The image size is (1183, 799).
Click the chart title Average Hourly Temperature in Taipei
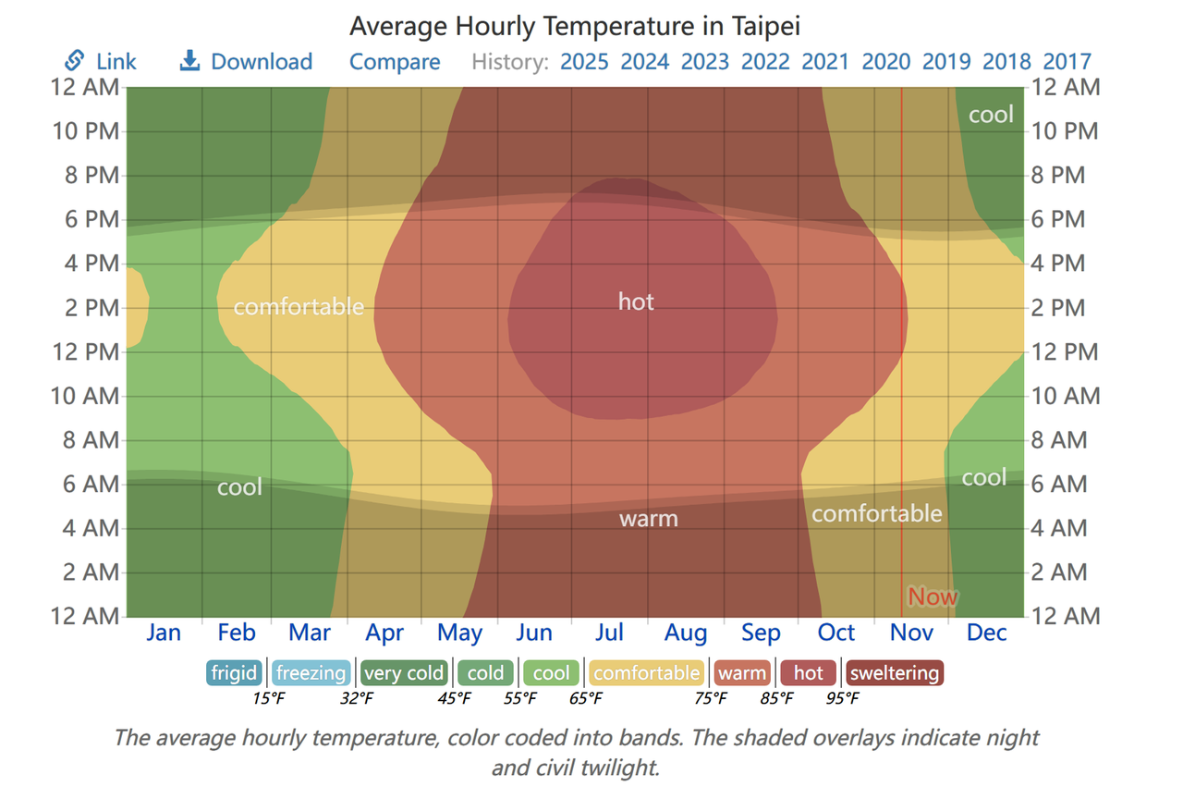pos(574,25)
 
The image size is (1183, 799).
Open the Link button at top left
pos(101,62)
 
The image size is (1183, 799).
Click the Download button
pos(246,62)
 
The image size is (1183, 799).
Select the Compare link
pos(395,62)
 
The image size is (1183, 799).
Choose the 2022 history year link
pos(765,62)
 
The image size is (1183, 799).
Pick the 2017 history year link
pos(1067,62)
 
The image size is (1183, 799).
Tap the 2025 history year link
pos(584,62)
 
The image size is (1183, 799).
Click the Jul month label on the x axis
pos(609,633)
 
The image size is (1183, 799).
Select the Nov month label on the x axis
pos(911,633)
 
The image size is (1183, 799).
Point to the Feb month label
pos(237,633)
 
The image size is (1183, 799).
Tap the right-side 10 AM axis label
pos(1066,397)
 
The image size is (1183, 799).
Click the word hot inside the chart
pos(636,301)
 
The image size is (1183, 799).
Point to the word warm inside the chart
pos(648,519)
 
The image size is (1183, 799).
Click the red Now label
pos(933,596)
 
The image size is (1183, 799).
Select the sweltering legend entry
pos(894,673)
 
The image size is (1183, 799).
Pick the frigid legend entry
pos(234,673)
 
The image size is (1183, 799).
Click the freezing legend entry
pos(311,673)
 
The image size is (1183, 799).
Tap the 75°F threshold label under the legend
pos(710,698)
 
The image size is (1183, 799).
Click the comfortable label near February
pos(299,307)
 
